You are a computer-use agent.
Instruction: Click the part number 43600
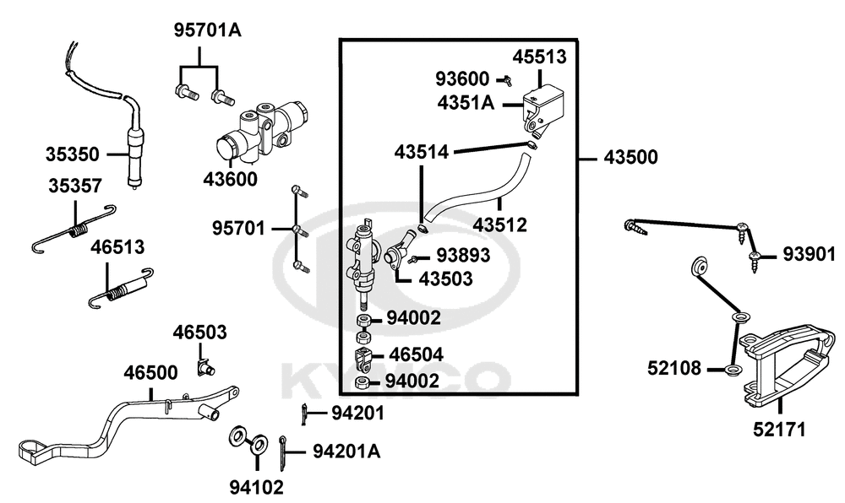click(230, 179)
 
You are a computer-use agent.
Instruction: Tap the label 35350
click(73, 154)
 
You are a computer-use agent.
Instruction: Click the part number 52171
click(778, 430)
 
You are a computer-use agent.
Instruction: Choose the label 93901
click(807, 254)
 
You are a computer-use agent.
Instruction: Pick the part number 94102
click(256, 486)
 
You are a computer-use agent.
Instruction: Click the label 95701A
click(207, 31)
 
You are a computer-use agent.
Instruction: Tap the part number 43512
click(499, 225)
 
